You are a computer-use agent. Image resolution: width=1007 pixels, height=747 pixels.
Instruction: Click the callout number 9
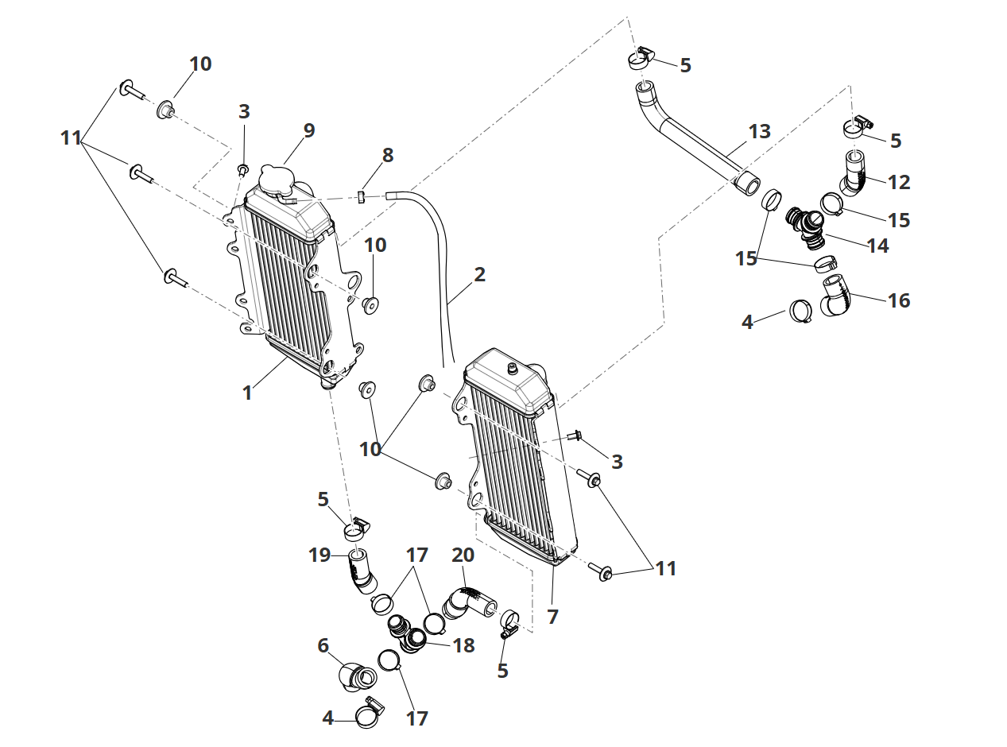309,130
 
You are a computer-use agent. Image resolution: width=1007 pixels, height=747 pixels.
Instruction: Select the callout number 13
760,131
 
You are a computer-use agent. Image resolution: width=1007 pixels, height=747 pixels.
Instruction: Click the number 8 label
387,155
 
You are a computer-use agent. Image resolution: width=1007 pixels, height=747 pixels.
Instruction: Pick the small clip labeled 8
361,196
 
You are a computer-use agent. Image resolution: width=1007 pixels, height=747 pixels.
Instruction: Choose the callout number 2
479,275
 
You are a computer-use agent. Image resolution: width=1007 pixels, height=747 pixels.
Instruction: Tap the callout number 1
247,393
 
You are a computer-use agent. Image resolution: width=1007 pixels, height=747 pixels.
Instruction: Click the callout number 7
553,616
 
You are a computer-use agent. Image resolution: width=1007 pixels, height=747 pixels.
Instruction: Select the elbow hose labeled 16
839,296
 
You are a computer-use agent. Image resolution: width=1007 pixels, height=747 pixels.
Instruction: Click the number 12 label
899,182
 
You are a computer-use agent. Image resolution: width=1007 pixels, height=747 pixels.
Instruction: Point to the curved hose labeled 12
857,176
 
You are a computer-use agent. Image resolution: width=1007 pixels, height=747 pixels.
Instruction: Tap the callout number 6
323,646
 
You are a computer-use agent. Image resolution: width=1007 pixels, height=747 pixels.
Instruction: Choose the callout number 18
463,645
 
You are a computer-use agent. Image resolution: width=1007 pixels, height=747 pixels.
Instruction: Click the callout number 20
463,555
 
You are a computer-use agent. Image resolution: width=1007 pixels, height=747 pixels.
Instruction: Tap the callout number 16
899,300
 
